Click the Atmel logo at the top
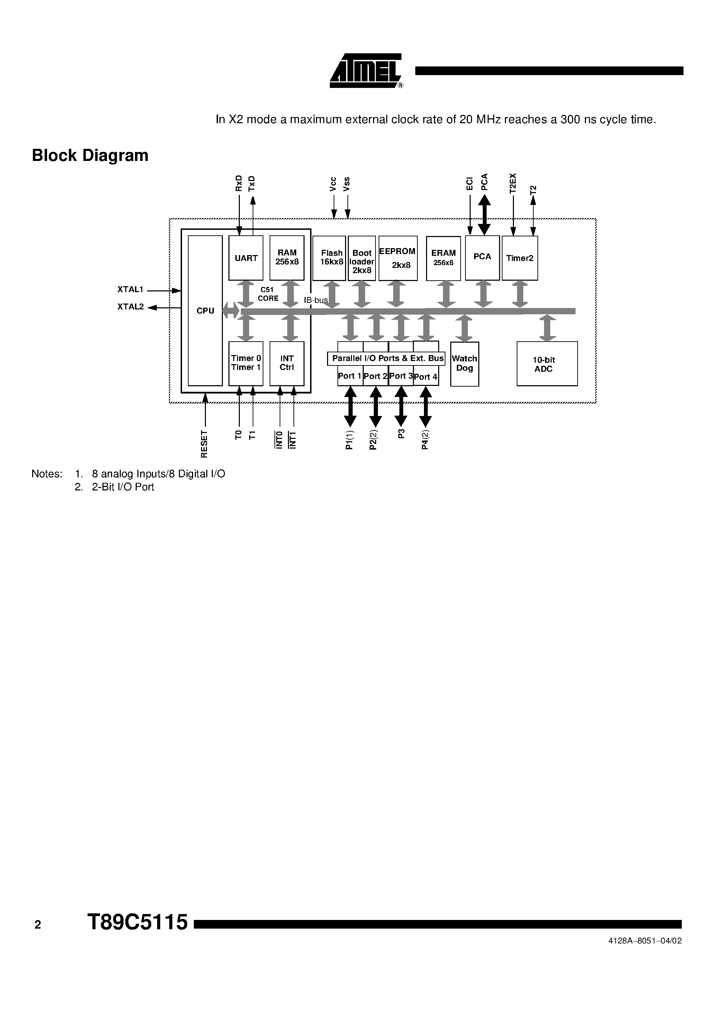[x=366, y=71]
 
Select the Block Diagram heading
[x=90, y=156]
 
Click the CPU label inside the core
[x=205, y=311]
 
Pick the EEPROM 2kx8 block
[x=398, y=258]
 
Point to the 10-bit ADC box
[x=546, y=364]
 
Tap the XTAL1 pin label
[x=130, y=290]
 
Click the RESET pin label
[x=204, y=444]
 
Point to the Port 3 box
[x=400, y=376]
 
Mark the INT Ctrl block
[x=287, y=363]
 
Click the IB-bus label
[x=316, y=300]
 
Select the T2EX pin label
[x=513, y=183]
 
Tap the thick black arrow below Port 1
[x=350, y=406]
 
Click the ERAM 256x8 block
[x=443, y=258]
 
